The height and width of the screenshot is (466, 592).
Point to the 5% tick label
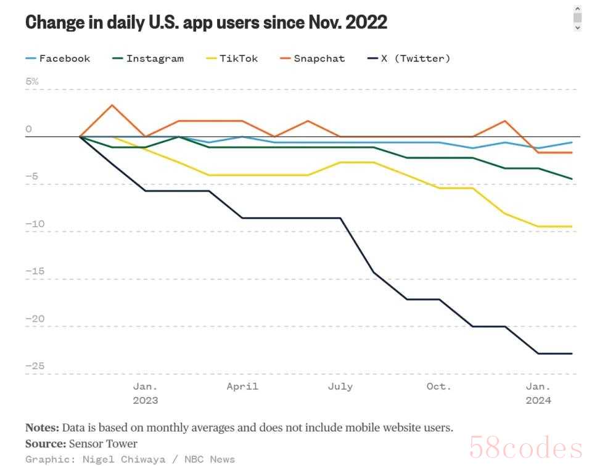[x=31, y=81]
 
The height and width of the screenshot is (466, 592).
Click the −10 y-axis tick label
[x=35, y=224]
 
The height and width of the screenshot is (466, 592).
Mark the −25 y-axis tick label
[x=35, y=366]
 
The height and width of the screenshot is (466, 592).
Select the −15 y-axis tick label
[x=35, y=271]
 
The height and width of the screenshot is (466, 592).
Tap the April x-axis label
[x=242, y=386]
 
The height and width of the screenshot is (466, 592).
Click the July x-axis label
[x=340, y=386]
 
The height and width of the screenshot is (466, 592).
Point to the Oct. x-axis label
[x=438, y=386]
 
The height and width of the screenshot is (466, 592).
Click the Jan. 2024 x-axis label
[x=538, y=393]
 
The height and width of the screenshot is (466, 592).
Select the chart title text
[x=206, y=23]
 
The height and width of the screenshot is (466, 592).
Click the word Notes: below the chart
[x=42, y=428]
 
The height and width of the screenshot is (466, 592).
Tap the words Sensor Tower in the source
[x=103, y=444]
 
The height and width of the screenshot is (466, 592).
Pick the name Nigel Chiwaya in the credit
[x=124, y=459]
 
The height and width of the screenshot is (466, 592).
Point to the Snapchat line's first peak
[x=112, y=105]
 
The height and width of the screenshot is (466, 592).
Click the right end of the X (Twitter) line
[x=572, y=353]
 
